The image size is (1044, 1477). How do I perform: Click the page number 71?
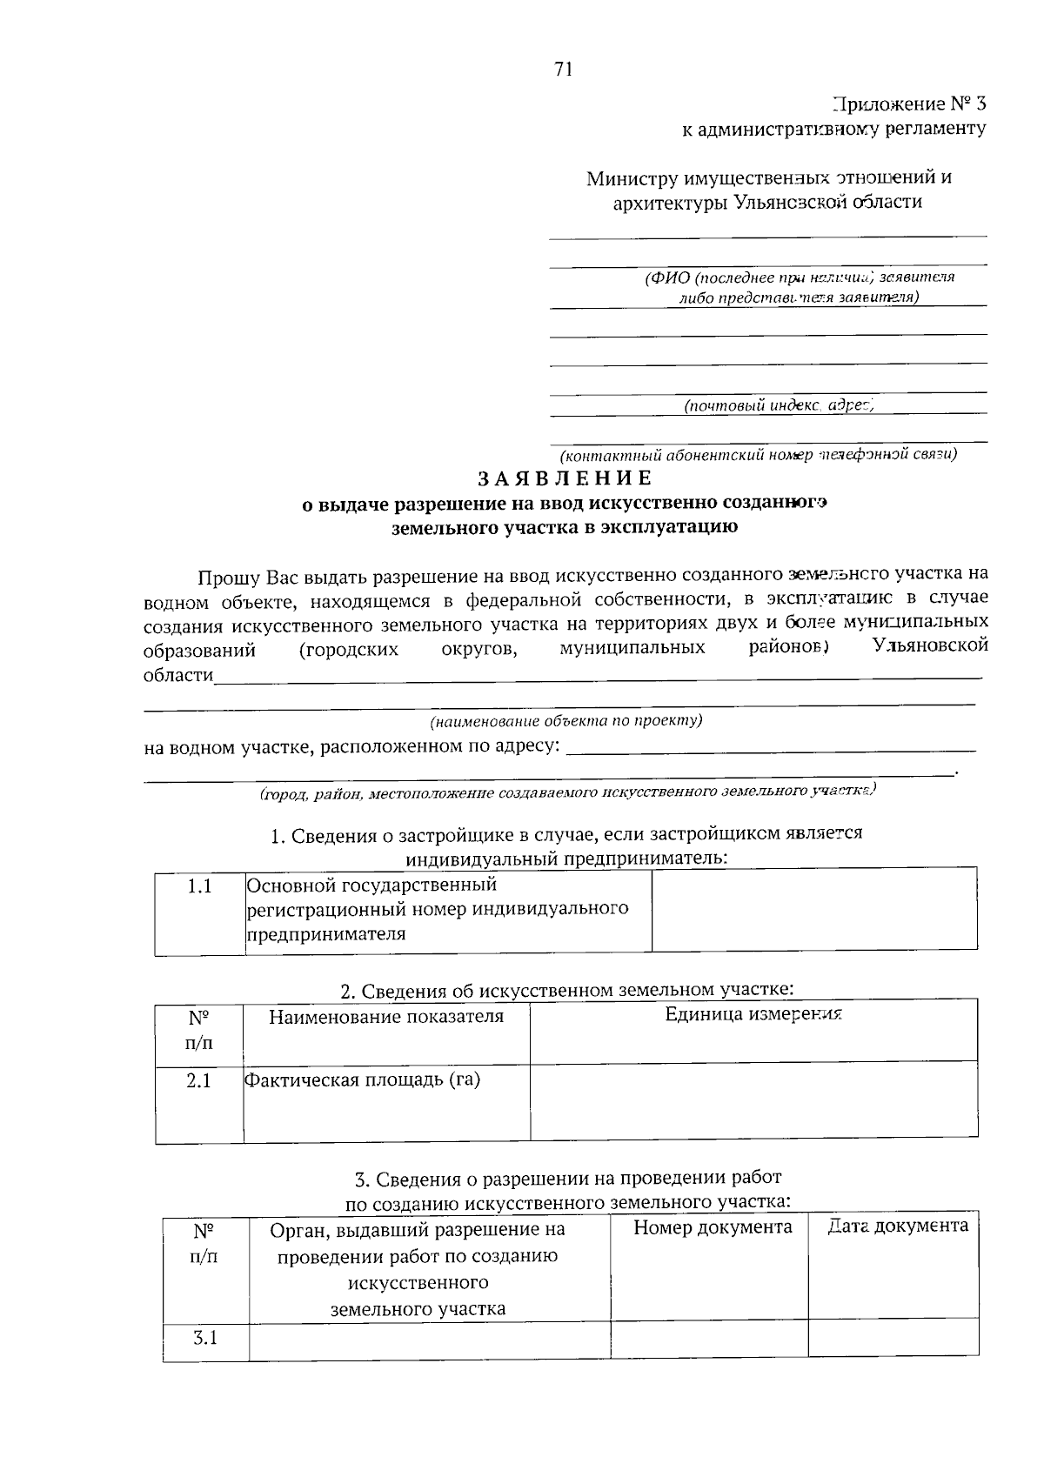coord(563,70)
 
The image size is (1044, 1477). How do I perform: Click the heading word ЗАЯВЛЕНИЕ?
coord(565,478)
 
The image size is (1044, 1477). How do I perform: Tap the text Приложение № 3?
coord(910,104)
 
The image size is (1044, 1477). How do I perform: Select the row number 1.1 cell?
coord(200,887)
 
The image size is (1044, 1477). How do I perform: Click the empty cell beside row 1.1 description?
coord(814,910)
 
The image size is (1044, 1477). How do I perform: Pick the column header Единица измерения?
coord(753,1014)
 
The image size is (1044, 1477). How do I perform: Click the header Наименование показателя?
coord(386,1016)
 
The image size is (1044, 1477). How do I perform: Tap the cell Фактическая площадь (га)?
coord(363,1080)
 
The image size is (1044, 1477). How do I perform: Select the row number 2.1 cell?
coord(199,1083)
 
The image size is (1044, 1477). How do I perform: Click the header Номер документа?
coord(713,1227)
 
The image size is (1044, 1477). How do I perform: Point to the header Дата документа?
coord(898,1226)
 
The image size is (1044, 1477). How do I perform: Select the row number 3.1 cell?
coord(205,1338)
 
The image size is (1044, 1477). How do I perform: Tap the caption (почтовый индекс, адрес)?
coord(779,405)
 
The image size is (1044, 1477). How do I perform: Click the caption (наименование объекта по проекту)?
coord(566,721)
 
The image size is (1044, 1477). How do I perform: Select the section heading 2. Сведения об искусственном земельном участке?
coord(566,991)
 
